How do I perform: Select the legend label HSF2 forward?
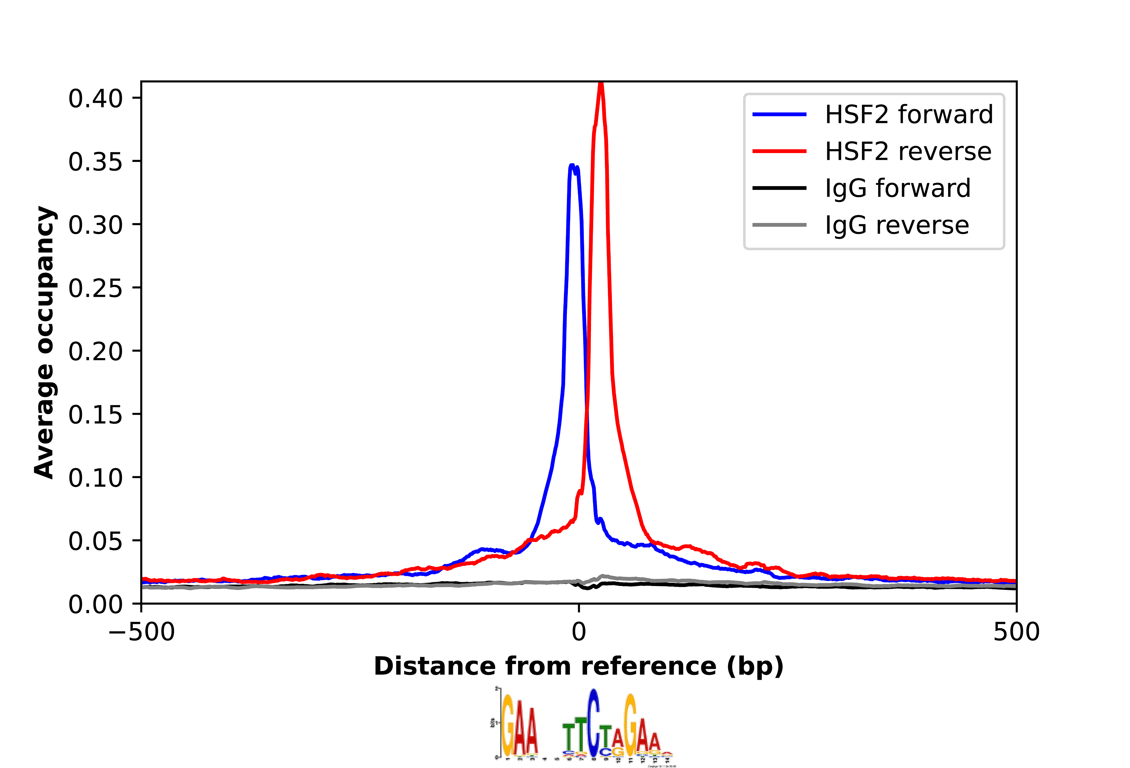pos(908,115)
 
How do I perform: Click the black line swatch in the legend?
pos(779,188)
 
